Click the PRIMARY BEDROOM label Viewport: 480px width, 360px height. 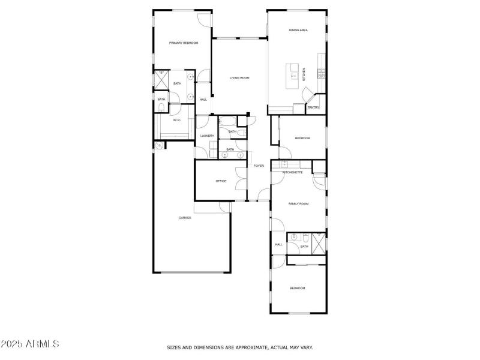click(x=184, y=43)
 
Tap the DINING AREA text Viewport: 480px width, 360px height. click(x=298, y=30)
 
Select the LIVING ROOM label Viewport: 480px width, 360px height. click(x=239, y=78)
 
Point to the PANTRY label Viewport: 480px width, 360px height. click(x=313, y=108)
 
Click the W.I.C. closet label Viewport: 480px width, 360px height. click(x=177, y=120)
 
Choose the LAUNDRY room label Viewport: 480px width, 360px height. click(x=207, y=136)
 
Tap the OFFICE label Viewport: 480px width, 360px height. click(x=221, y=181)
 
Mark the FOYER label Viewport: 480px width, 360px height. click(x=259, y=166)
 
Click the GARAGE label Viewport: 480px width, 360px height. click(x=185, y=218)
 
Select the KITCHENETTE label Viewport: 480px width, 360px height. click(x=292, y=172)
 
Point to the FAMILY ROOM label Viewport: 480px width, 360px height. click(x=298, y=204)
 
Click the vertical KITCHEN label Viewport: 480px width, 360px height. click(x=304, y=74)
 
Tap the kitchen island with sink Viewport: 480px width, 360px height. click(x=295, y=75)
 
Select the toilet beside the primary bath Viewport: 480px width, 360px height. click(x=162, y=108)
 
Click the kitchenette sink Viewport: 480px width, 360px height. click(x=284, y=164)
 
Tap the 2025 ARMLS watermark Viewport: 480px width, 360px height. click(x=29, y=344)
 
